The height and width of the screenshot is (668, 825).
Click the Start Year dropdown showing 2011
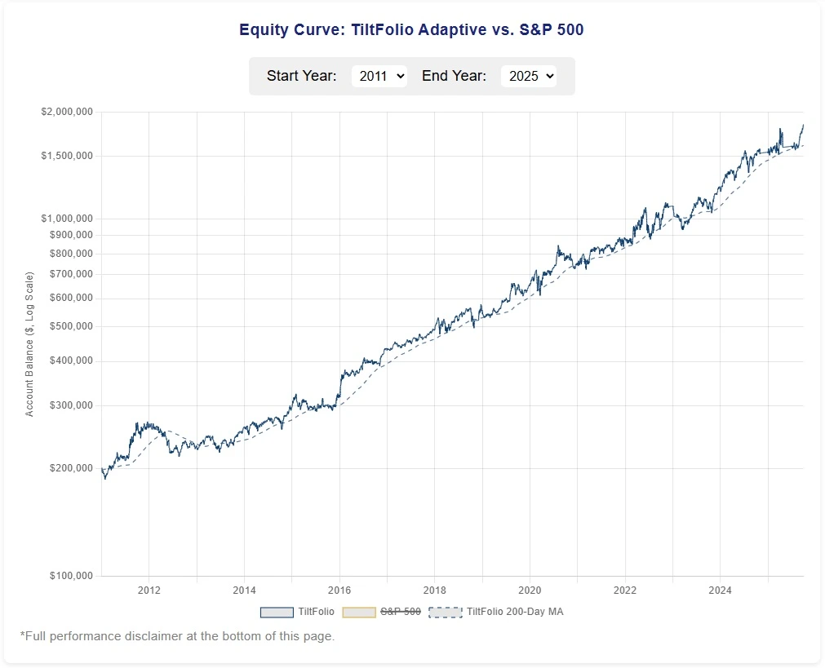tap(379, 76)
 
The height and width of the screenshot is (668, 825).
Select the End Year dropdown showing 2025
tap(528, 76)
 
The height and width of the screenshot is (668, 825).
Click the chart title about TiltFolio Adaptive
tap(411, 30)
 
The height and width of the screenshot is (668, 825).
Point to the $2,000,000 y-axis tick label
tap(67, 112)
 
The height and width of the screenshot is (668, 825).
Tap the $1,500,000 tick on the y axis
tap(67, 156)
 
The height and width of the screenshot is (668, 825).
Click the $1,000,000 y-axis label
tap(67, 219)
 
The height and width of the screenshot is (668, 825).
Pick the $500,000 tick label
tap(71, 326)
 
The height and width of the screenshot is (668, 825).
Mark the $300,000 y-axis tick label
tap(71, 405)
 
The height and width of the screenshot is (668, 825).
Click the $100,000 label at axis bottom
tap(71, 576)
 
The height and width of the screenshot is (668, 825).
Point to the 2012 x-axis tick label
tap(149, 590)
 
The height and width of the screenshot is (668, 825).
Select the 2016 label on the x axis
tap(339, 590)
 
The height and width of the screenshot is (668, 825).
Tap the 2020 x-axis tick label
tap(530, 590)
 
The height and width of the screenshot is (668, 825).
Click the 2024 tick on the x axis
tap(720, 590)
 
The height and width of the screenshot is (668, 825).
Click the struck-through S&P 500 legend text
tap(401, 612)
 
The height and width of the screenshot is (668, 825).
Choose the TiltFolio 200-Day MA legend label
tap(515, 612)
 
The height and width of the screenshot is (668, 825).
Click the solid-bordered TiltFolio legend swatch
tap(277, 612)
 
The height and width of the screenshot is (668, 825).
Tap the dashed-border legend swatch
tap(445, 612)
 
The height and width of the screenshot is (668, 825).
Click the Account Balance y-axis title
tap(30, 344)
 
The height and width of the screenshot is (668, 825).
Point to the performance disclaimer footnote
tap(177, 636)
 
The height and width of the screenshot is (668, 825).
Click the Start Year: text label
tap(301, 76)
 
